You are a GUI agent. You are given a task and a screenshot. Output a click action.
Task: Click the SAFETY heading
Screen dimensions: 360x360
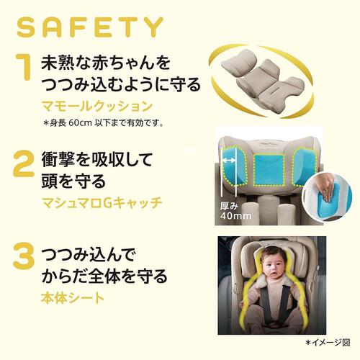tap(90, 27)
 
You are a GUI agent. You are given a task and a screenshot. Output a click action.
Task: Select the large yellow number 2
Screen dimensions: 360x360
tap(24, 164)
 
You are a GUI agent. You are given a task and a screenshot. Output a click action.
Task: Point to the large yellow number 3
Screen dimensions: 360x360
tap(24, 256)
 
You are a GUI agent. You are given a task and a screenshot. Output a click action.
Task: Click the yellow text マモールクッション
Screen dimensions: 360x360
tap(97, 107)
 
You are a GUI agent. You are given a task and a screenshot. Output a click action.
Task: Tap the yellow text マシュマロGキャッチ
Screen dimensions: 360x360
tap(102, 203)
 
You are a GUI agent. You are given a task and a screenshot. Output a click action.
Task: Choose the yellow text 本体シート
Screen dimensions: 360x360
tap(73, 297)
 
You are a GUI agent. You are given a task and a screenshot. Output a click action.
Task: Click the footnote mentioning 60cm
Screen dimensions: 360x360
tap(104, 123)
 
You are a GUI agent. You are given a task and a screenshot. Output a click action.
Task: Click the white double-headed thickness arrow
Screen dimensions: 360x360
tap(230, 161)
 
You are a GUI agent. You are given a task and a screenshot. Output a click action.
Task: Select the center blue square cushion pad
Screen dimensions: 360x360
tap(269, 170)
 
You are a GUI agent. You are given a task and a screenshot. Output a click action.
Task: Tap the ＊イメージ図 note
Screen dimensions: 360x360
tap(328, 343)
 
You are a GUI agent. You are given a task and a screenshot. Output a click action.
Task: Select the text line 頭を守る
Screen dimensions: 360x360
tap(73, 181)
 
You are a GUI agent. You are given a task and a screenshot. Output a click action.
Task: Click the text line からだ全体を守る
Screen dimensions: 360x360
tap(104, 276)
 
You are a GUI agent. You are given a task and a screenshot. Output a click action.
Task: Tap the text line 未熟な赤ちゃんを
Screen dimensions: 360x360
tap(106, 63)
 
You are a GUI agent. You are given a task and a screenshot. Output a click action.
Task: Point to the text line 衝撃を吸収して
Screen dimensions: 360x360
tap(97, 160)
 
